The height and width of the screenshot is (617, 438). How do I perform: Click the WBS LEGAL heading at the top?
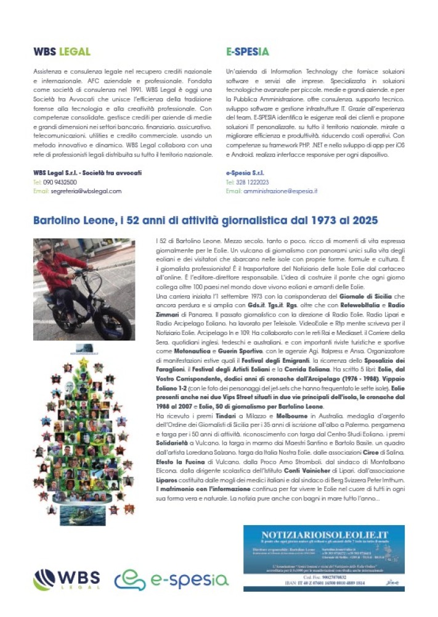point(62,52)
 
